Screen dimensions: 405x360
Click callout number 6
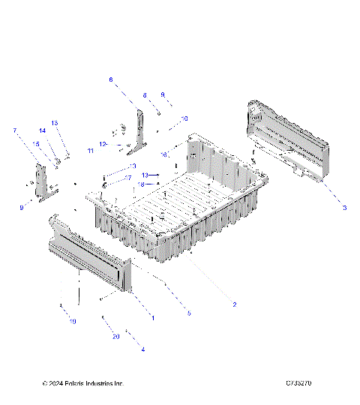pyautogui.click(x=111, y=79)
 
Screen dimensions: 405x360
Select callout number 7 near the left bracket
pyautogui.click(x=14, y=131)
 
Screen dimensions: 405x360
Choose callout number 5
pyautogui.click(x=189, y=313)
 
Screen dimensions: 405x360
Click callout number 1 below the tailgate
pyautogui.click(x=153, y=318)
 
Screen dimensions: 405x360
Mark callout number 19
pyautogui.click(x=73, y=322)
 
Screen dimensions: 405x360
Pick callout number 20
pyautogui.click(x=116, y=337)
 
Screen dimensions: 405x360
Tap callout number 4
pyautogui.click(x=142, y=349)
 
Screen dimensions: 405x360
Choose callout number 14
pyautogui.click(x=43, y=130)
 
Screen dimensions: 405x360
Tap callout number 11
pyautogui.click(x=90, y=151)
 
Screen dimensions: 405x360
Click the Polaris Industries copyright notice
pyautogui.click(x=82, y=383)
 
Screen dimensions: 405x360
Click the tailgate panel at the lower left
pyautogui.click(x=90, y=255)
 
